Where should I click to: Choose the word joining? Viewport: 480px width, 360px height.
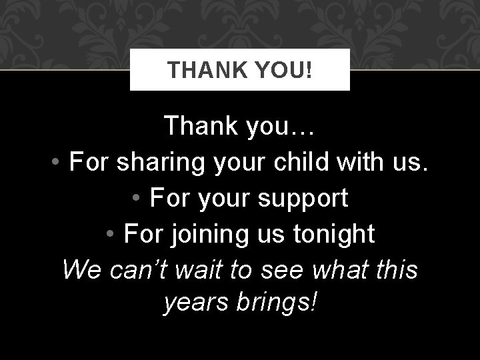(x=205, y=234)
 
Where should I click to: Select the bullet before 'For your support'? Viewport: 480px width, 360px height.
(x=136, y=199)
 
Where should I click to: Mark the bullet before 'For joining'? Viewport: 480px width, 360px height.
(x=111, y=234)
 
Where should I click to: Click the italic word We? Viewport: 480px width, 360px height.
(x=80, y=270)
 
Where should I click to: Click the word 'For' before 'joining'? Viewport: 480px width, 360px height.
(x=143, y=234)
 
